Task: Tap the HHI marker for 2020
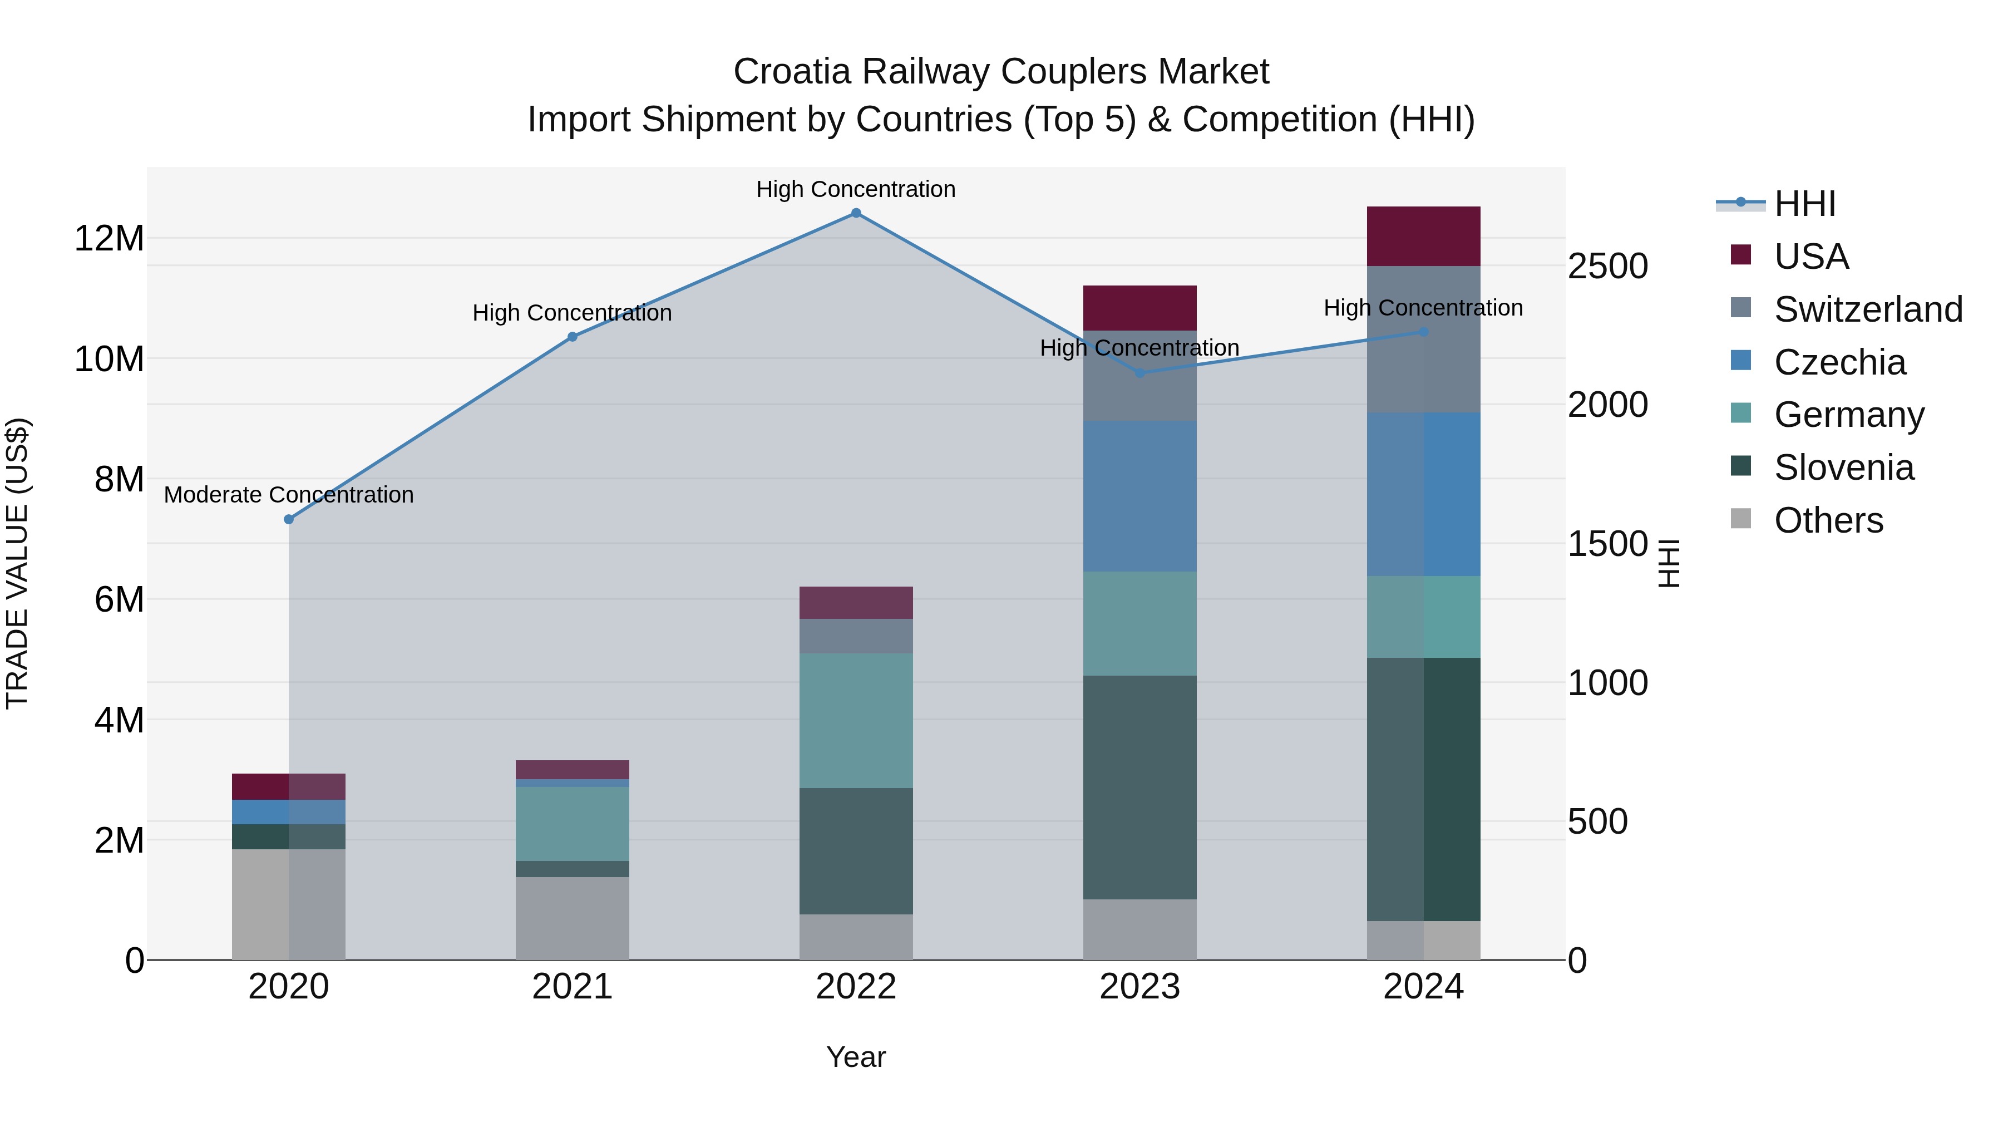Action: [288, 520]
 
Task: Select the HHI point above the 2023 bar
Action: [1140, 373]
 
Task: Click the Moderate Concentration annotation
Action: [288, 495]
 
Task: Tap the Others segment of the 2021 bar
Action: [573, 918]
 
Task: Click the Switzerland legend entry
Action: [1868, 309]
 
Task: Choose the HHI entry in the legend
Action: [1804, 204]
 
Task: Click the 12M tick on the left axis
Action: [109, 238]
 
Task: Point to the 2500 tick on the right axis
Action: [1607, 267]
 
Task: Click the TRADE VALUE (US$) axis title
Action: [17, 563]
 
